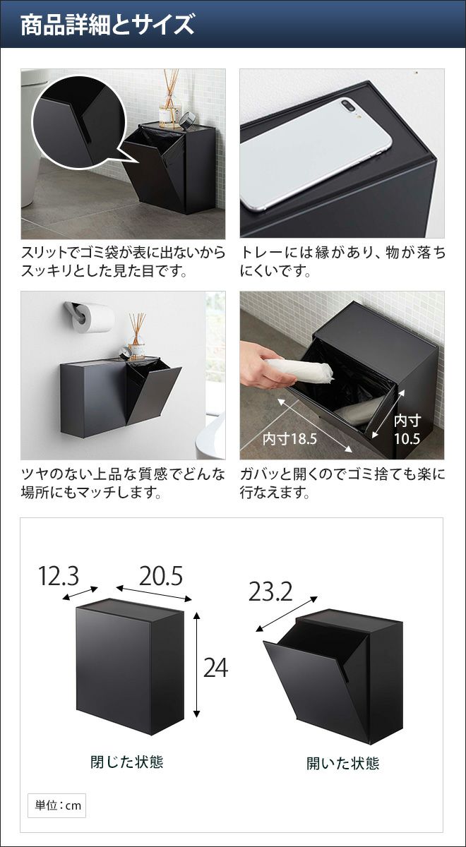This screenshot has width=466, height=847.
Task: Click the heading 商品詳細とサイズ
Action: pos(107,25)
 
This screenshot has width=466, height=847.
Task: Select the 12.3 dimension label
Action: pos(59,576)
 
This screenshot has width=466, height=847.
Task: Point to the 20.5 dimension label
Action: pos(161,576)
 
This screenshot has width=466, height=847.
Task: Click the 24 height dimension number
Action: pos(215,668)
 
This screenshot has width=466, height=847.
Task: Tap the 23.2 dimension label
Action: pos(270,592)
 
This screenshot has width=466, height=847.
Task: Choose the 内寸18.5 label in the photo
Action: pos(289,438)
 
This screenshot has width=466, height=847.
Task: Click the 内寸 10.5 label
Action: pos(407,430)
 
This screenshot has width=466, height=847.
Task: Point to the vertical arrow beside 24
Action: pos(196,664)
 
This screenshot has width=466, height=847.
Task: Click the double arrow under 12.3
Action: pos(80,594)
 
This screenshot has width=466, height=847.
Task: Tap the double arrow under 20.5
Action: pos(154,594)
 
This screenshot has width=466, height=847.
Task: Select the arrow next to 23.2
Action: pos(287,613)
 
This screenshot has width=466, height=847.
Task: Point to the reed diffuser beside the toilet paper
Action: pos(137,335)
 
